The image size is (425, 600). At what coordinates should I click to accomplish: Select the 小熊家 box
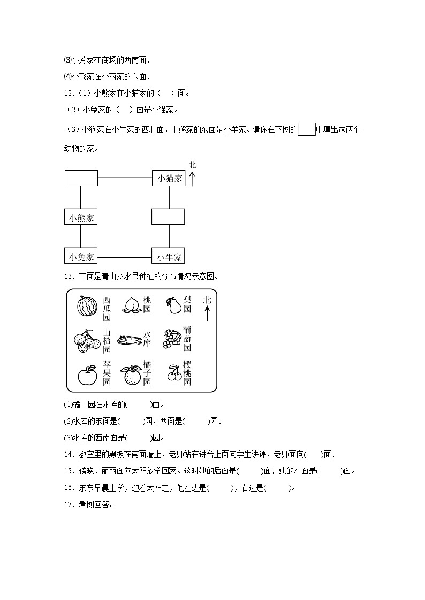tap(80, 217)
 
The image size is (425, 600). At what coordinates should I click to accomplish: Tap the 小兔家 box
tap(80, 257)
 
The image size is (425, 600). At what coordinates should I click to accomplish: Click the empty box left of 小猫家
tap(81, 178)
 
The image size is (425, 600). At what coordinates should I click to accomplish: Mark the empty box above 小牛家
tap(168, 217)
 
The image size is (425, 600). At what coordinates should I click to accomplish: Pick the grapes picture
tap(173, 339)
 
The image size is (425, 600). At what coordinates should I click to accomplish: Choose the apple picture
tap(87, 375)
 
